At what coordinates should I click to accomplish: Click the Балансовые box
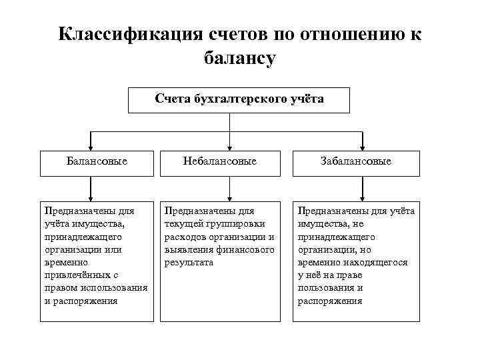pyautogui.click(x=97, y=163)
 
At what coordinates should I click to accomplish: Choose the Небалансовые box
pyautogui.click(x=229, y=163)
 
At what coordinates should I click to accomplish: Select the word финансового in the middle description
pyautogui.click(x=244, y=249)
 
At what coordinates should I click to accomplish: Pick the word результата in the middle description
pyautogui.click(x=189, y=262)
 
